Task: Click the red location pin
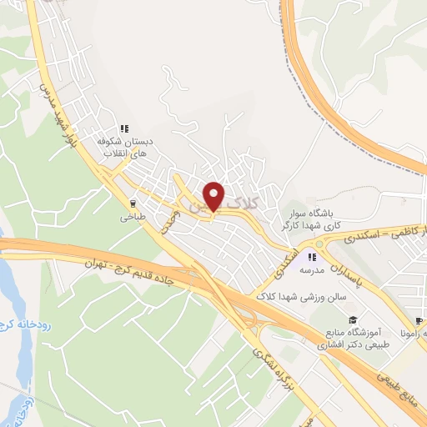[x=214, y=195]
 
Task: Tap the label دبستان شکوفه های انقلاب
[x=123, y=148]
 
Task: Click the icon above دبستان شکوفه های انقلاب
[x=123, y=128]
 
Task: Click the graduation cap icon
[x=353, y=319]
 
